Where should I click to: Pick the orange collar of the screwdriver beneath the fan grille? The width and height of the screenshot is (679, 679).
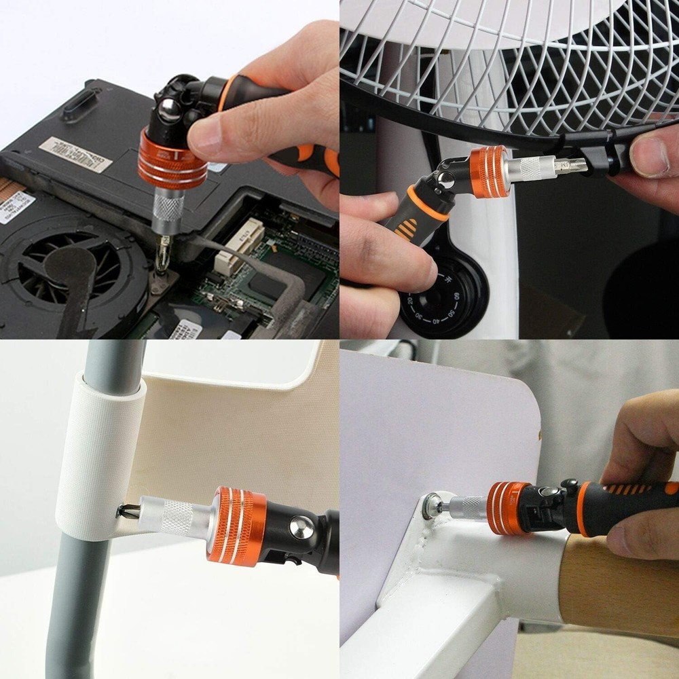[x=489, y=172]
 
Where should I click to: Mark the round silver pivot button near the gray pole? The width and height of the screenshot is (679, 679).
[x=303, y=527]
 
